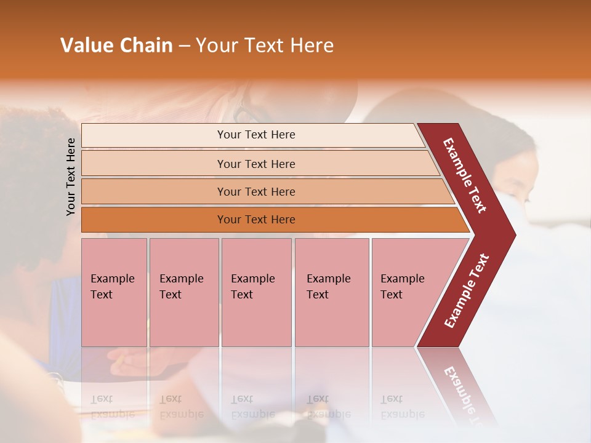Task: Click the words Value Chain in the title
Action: pyautogui.click(x=116, y=46)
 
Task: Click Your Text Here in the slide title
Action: pyautogui.click(x=265, y=46)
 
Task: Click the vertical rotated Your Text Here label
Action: pyautogui.click(x=71, y=177)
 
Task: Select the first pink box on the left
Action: pyautogui.click(x=114, y=292)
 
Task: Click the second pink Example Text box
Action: pyautogui.click(x=183, y=292)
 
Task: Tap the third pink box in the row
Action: pyautogui.click(x=256, y=292)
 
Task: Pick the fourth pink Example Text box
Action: pyautogui.click(x=332, y=292)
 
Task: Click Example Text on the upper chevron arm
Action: pyautogui.click(x=465, y=175)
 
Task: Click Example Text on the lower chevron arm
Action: pyautogui.click(x=466, y=291)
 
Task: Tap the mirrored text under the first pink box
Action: pyautogui.click(x=113, y=406)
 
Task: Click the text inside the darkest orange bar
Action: pyautogui.click(x=256, y=220)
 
